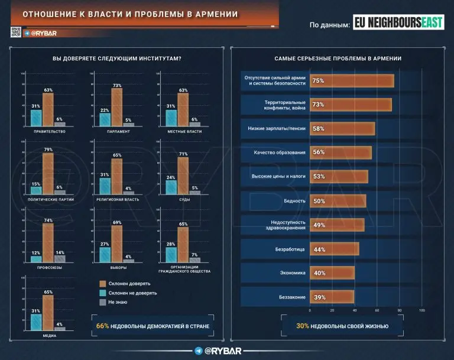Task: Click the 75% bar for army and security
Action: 352,80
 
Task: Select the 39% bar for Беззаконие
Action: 332,297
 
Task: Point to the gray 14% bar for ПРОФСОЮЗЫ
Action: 60,258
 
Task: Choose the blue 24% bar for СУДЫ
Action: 171,187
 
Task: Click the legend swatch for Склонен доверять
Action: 102,283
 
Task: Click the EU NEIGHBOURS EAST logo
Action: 397,23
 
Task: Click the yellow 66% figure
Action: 102,326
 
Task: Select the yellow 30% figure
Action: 303,326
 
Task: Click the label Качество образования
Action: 279,153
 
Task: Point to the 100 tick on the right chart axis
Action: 421,310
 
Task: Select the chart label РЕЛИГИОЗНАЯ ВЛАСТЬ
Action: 117,200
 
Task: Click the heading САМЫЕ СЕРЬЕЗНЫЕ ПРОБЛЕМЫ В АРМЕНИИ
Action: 338,59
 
